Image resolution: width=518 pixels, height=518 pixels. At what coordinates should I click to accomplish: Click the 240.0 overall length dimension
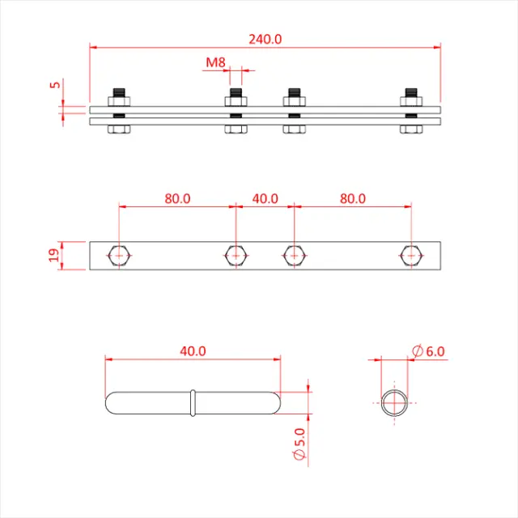click(x=265, y=39)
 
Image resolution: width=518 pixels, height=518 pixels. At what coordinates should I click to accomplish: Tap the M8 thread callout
click(x=214, y=62)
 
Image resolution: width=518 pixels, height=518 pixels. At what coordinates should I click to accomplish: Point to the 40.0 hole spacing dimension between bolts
click(x=265, y=198)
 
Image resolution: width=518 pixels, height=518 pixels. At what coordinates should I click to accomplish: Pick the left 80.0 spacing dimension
click(x=177, y=198)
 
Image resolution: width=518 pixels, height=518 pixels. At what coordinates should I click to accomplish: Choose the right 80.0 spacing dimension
click(x=352, y=198)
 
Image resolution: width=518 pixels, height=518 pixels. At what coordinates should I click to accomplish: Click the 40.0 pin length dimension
click(x=193, y=351)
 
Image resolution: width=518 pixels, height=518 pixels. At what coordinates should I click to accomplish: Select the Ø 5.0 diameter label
click(x=299, y=445)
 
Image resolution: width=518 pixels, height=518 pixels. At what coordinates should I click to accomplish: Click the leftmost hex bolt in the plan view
click(x=119, y=256)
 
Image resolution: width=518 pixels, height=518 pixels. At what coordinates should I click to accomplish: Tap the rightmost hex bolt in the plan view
click(x=411, y=256)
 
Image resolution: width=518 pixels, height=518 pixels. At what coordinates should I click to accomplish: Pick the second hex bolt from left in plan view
click(x=236, y=256)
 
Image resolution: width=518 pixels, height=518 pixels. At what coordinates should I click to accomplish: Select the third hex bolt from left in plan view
click(x=294, y=256)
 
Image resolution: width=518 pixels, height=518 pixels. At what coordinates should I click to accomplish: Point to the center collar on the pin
click(x=193, y=403)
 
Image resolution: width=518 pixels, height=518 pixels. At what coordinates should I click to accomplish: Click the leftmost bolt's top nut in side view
click(x=119, y=100)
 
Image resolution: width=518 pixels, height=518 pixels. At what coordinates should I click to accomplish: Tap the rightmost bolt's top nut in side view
click(x=411, y=100)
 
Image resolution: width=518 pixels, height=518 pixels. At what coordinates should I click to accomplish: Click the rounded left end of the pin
click(x=113, y=403)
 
